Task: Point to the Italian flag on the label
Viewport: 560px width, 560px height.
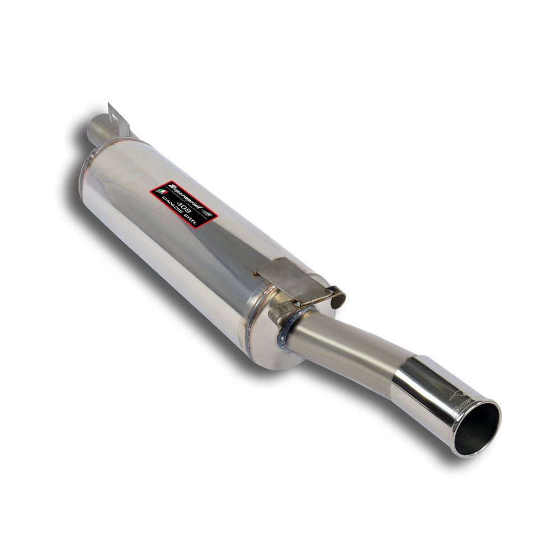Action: point(161,192)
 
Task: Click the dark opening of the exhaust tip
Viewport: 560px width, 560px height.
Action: point(477,428)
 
